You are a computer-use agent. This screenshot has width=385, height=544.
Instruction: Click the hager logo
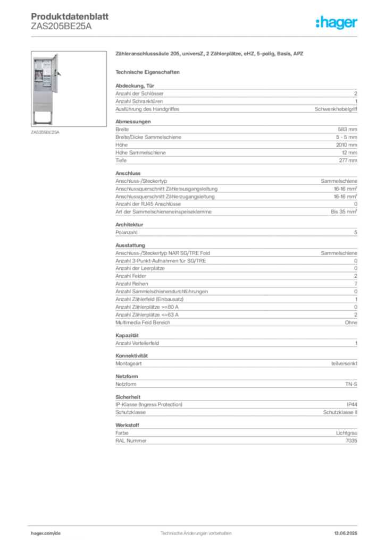pos(336,22)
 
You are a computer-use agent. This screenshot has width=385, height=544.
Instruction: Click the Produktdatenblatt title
pos(70,16)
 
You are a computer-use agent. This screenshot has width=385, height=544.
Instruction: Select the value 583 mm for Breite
pos(347,130)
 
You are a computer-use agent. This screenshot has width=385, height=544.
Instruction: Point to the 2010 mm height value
pos(347,145)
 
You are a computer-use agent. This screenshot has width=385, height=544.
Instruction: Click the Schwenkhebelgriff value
pos(336,109)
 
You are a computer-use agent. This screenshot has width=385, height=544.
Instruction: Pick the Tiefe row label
pos(121,160)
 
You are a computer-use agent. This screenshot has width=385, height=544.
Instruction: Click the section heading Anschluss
pos(128,173)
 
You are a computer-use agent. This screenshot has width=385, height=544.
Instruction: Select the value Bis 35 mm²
pos(344,211)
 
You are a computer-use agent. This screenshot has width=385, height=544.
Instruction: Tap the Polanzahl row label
pos(127,233)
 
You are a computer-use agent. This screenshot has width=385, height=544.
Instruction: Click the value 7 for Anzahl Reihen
pos(356,284)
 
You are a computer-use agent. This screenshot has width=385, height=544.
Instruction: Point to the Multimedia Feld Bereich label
pos(143,322)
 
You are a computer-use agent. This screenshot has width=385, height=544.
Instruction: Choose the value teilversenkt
pos(344,363)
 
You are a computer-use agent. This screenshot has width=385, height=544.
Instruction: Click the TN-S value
pos(351,385)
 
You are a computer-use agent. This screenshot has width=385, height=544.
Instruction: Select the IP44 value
pos(351,404)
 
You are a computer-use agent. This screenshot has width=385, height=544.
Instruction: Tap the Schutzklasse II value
pos(340,412)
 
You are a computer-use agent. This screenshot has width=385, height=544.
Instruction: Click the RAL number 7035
pos(351,440)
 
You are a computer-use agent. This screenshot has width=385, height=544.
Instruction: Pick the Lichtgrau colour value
pos(347,433)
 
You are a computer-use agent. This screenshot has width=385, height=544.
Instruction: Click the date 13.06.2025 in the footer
pos(346,533)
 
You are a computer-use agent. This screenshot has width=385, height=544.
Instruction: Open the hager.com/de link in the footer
pos(46,533)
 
